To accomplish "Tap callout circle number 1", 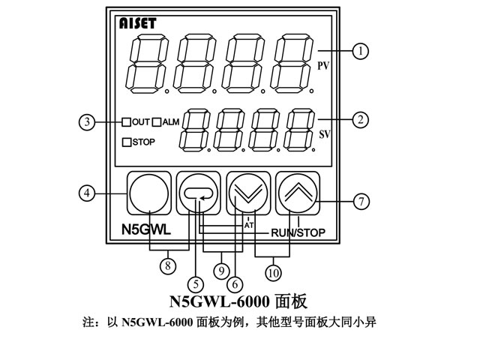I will (x=362, y=51).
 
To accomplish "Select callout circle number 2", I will (x=362, y=119).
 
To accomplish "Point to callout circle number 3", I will (x=88, y=121).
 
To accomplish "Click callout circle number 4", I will (x=88, y=193).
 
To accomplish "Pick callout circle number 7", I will (x=362, y=201).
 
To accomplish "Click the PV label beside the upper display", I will (x=324, y=67).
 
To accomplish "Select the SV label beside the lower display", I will (x=325, y=136).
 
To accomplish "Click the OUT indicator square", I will (x=127, y=121).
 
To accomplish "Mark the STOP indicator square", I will (x=127, y=141).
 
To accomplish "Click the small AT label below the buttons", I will (x=249, y=223).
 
